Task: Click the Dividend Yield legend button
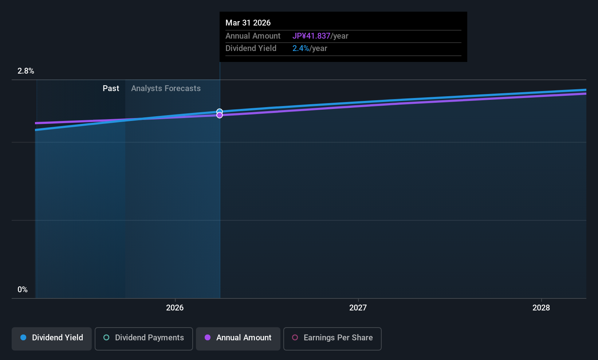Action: click(51, 339)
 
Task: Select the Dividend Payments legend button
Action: click(143, 339)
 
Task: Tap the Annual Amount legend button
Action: click(238, 339)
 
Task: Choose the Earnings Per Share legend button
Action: click(333, 339)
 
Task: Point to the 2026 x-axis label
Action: click(175, 308)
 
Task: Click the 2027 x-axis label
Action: click(358, 308)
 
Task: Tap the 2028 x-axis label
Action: click(541, 308)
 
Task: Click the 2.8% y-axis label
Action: click(25, 71)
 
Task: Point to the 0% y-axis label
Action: click(23, 290)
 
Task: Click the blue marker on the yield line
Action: click(220, 111)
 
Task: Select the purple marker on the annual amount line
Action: click(220, 115)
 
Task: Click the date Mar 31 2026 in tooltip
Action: click(248, 23)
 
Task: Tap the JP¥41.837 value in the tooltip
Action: click(311, 36)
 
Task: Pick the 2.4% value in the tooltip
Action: click(301, 48)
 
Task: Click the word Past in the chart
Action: click(111, 89)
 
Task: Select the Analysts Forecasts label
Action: click(166, 89)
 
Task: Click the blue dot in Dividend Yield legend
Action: click(24, 337)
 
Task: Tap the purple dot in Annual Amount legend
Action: click(208, 337)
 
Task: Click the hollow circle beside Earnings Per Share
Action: click(295, 337)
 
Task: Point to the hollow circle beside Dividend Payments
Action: click(106, 337)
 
